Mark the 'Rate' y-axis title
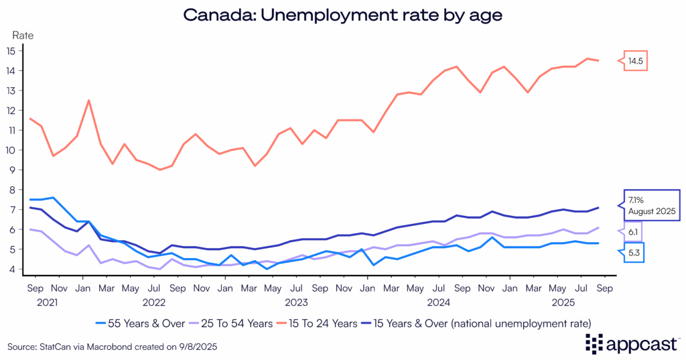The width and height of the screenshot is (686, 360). pyautogui.click(x=23, y=34)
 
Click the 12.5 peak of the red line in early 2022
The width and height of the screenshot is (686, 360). pyautogui.click(x=88, y=101)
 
